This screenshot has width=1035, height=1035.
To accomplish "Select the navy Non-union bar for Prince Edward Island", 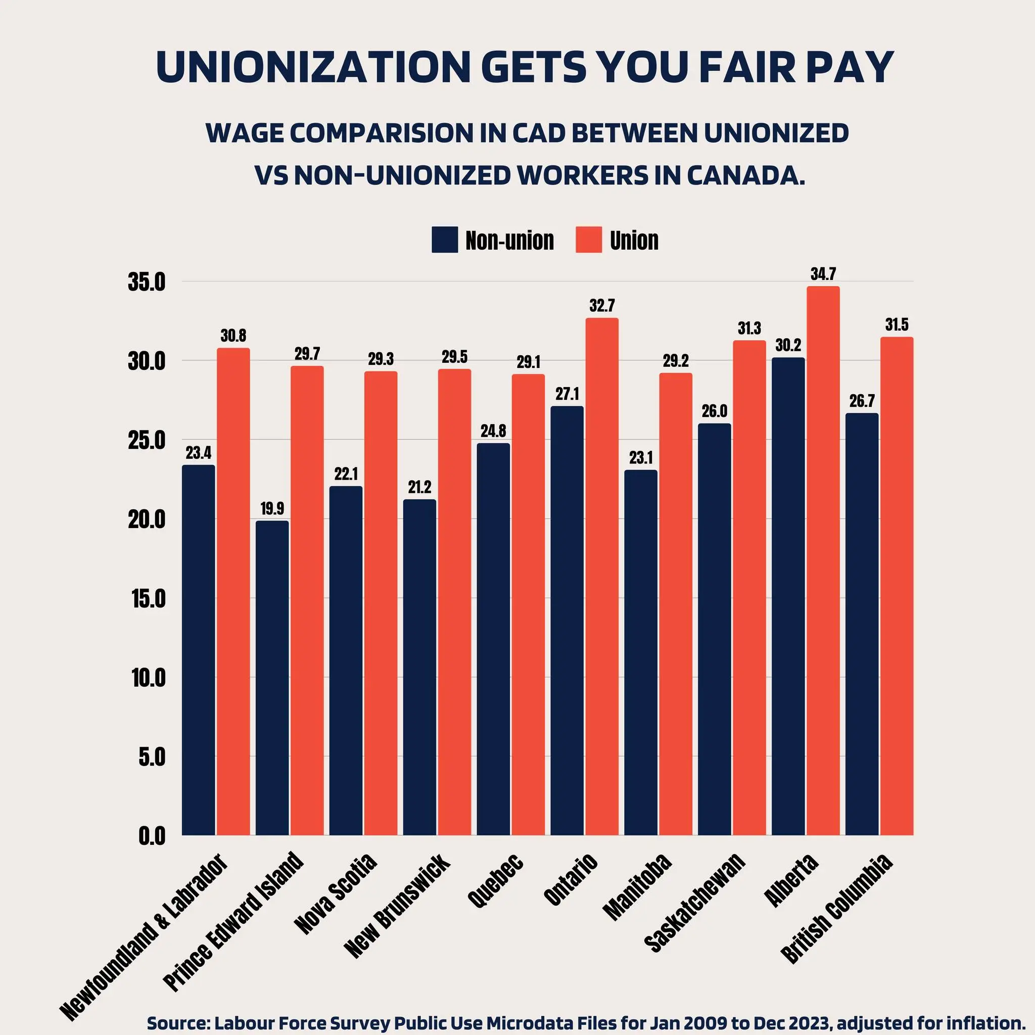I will point(272,678).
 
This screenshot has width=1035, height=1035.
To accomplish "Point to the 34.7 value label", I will point(823,274).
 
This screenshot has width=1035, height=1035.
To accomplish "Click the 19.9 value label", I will point(272,508).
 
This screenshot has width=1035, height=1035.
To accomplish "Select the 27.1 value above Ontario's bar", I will point(567,394).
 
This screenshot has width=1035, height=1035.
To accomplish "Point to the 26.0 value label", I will point(715,411).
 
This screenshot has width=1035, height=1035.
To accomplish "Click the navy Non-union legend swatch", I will point(445,240).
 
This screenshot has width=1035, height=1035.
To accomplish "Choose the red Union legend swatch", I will point(589,240).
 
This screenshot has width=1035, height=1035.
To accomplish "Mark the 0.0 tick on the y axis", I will point(152,836).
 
